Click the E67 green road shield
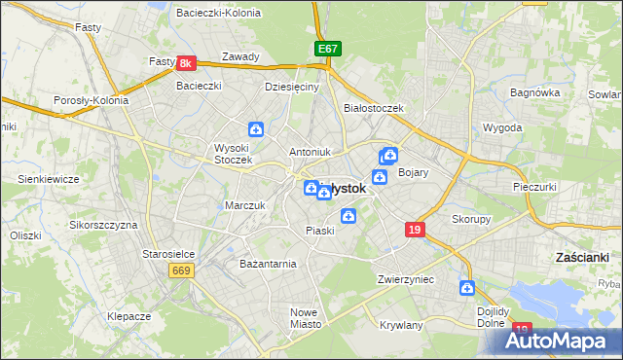click(x=327, y=48)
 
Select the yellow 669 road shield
click(x=181, y=270)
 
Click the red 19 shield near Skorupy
click(x=416, y=230)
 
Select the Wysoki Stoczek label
click(x=233, y=154)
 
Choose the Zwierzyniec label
click(x=405, y=279)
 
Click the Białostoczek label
click(x=374, y=108)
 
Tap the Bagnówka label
click(x=534, y=92)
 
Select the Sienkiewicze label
click(x=48, y=179)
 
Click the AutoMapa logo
click(x=557, y=341)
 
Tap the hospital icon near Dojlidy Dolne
click(x=467, y=288)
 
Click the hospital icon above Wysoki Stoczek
click(x=255, y=128)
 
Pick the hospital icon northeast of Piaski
click(x=348, y=216)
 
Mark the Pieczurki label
click(x=534, y=185)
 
